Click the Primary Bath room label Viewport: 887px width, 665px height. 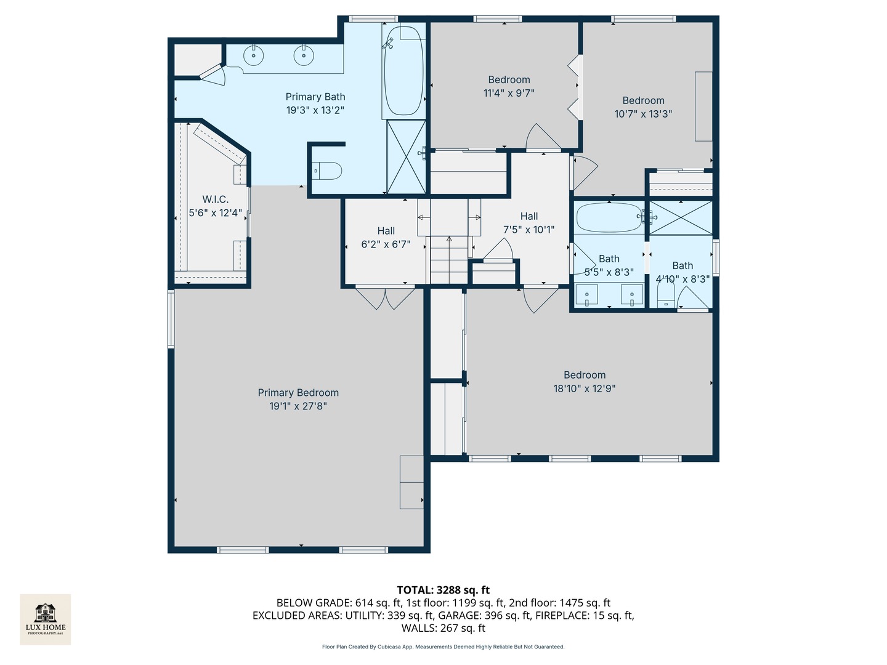pyautogui.click(x=315, y=97)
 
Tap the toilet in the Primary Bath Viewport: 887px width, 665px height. pyautogui.click(x=328, y=171)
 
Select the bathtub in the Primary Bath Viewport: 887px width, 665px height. pyautogui.click(x=403, y=71)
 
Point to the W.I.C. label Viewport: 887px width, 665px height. pyautogui.click(x=216, y=199)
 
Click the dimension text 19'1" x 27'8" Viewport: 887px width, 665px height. pyautogui.click(x=298, y=406)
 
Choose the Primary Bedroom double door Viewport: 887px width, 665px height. pyautogui.click(x=385, y=298)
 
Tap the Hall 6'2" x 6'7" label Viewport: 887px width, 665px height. pyautogui.click(x=386, y=238)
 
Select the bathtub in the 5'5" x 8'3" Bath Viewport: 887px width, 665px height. pyautogui.click(x=609, y=217)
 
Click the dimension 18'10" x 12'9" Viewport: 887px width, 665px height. pyautogui.click(x=585, y=389)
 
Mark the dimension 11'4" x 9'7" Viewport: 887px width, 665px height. pyautogui.click(x=509, y=93)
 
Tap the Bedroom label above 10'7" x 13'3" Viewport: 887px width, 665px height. pyautogui.click(x=643, y=100)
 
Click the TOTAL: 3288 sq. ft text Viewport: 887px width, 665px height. pyautogui.click(x=443, y=590)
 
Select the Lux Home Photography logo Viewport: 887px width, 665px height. pyautogui.click(x=45, y=619)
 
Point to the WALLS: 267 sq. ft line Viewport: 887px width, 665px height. pyautogui.click(x=443, y=628)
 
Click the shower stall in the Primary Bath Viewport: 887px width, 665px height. pyautogui.click(x=406, y=156)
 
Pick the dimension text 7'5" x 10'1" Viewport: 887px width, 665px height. pyautogui.click(x=529, y=230)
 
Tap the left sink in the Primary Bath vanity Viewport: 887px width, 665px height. pyautogui.click(x=253, y=55)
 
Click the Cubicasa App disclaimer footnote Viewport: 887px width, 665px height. pyautogui.click(x=443, y=647)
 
